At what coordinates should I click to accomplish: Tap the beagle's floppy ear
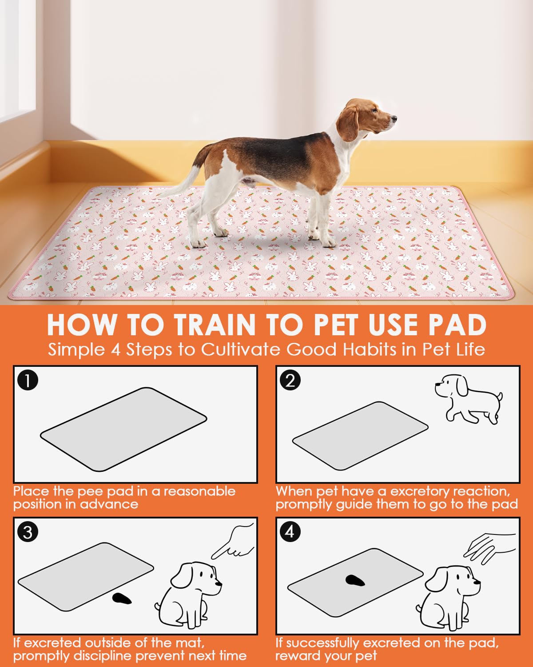(x=350, y=124)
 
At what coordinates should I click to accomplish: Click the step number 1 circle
(x=28, y=381)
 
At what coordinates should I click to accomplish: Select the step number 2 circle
(x=290, y=381)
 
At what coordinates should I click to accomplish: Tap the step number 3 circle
(x=28, y=532)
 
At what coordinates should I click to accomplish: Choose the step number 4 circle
(x=290, y=532)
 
